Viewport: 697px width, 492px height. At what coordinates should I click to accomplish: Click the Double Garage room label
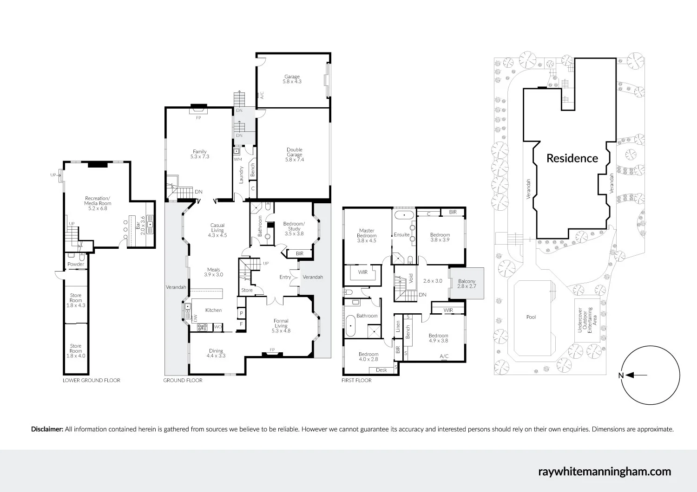click(294, 155)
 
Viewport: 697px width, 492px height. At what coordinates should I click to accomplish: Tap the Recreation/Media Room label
click(98, 203)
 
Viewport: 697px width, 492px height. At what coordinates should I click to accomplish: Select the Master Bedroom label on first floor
click(367, 235)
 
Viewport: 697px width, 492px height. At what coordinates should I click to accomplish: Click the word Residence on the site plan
click(572, 158)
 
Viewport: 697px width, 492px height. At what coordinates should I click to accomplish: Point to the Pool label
click(531, 317)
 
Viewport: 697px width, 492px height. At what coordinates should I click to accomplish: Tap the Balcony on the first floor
click(467, 284)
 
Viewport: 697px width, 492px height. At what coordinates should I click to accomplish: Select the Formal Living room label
click(281, 326)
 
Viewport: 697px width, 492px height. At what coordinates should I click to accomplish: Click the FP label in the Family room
click(198, 118)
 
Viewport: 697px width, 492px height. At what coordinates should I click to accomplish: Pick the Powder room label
click(76, 265)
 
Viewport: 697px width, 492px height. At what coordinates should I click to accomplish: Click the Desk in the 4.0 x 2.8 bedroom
click(381, 370)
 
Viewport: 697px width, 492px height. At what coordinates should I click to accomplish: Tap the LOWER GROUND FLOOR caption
click(92, 380)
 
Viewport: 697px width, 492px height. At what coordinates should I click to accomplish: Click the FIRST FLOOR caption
click(356, 380)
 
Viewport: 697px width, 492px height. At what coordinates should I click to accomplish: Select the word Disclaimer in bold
click(47, 429)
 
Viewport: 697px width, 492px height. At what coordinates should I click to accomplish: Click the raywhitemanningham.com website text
click(604, 472)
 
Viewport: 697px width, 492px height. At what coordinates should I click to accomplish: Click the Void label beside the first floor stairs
click(411, 278)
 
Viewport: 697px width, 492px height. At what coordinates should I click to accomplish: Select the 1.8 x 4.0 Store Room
click(76, 351)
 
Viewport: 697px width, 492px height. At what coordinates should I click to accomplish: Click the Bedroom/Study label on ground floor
click(294, 229)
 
